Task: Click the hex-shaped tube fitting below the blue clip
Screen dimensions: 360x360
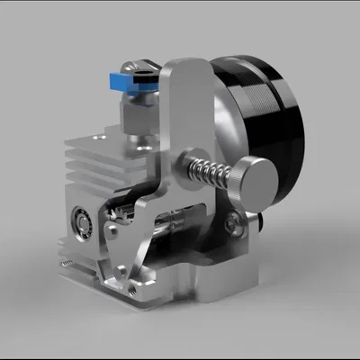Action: pyautogui.click(x=135, y=115)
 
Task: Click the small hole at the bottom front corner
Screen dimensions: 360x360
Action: pyautogui.click(x=133, y=290)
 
